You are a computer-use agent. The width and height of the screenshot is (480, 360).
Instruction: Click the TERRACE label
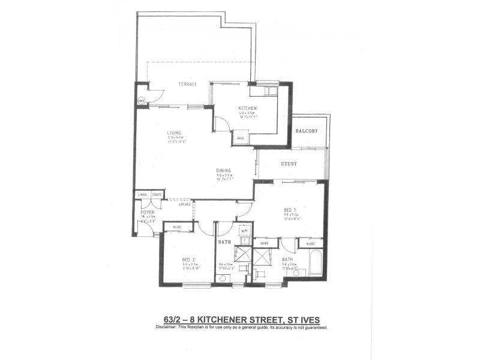(187, 85)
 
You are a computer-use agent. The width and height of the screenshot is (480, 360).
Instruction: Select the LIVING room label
(174, 133)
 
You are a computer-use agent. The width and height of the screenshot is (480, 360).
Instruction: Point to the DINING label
(224, 170)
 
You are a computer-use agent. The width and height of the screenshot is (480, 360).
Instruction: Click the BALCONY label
(306, 131)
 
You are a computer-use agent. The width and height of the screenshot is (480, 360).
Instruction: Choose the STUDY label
(290, 164)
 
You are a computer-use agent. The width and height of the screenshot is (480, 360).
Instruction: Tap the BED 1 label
(290, 210)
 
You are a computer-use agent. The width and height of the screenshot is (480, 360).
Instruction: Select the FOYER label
(148, 212)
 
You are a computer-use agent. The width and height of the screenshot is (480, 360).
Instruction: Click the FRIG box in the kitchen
(241, 139)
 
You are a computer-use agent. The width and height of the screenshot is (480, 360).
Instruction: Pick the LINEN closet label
(142, 194)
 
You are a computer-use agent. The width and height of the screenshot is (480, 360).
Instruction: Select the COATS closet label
(156, 194)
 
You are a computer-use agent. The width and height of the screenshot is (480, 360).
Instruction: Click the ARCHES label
(184, 205)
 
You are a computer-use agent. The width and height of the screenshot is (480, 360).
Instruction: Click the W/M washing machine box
(244, 230)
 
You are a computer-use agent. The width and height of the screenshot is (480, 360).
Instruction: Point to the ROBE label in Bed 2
(177, 227)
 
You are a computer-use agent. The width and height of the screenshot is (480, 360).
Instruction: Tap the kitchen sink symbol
(265, 91)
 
